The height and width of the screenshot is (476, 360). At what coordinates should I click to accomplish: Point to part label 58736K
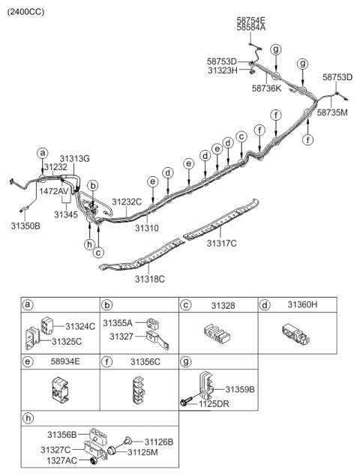click(x=266, y=88)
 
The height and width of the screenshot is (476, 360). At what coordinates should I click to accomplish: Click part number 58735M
click(x=332, y=112)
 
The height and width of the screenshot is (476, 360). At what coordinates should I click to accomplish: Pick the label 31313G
click(x=75, y=158)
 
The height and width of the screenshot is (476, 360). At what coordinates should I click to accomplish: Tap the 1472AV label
click(x=54, y=191)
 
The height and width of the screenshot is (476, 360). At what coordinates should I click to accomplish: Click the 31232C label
click(x=127, y=202)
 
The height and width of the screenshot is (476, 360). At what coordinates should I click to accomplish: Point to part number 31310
click(x=147, y=226)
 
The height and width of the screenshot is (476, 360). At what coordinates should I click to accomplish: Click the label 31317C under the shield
click(x=222, y=243)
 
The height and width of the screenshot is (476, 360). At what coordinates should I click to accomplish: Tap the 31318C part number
click(x=149, y=279)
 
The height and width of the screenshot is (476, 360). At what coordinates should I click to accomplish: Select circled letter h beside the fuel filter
click(x=89, y=244)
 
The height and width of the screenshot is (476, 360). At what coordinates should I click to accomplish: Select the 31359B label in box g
click(x=240, y=390)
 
